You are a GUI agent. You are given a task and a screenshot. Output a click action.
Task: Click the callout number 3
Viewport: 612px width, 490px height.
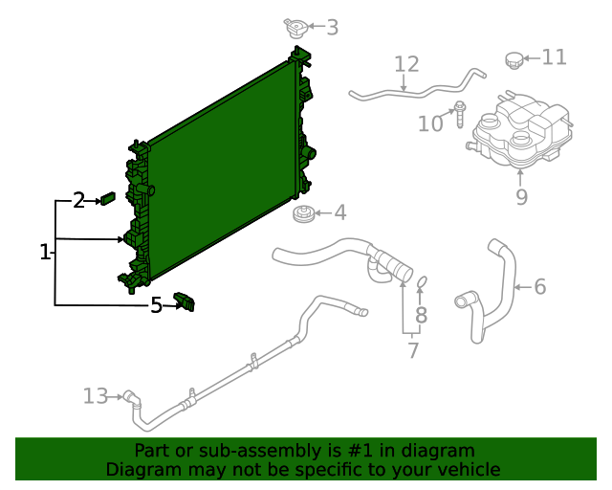click(x=332, y=28)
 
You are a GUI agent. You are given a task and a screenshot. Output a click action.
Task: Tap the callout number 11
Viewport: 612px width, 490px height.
click(x=555, y=57)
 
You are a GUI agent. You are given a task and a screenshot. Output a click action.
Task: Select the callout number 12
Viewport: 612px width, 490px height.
click(x=406, y=64)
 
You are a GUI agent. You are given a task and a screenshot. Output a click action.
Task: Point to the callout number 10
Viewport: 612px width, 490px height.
click(x=430, y=123)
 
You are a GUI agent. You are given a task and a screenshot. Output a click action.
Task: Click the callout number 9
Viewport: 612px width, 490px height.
click(x=521, y=197)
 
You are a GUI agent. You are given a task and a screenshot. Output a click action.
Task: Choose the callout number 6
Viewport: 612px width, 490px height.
click(x=539, y=286)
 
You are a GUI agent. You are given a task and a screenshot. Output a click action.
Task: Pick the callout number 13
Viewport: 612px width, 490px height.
click(x=96, y=395)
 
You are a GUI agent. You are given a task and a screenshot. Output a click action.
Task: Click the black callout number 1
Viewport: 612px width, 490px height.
click(x=44, y=253)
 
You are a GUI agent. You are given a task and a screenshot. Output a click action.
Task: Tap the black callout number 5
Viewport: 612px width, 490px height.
click(x=156, y=305)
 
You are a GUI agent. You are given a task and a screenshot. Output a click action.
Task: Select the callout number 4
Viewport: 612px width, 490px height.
click(x=339, y=213)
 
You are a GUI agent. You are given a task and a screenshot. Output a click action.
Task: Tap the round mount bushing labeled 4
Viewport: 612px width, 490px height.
click(x=304, y=214)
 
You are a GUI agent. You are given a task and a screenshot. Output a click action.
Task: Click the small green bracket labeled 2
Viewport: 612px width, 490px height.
click(x=108, y=199)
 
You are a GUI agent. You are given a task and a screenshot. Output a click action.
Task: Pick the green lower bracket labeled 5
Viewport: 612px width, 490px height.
click(x=184, y=302)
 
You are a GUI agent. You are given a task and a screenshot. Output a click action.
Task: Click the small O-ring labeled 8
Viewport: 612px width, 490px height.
click(x=422, y=281)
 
